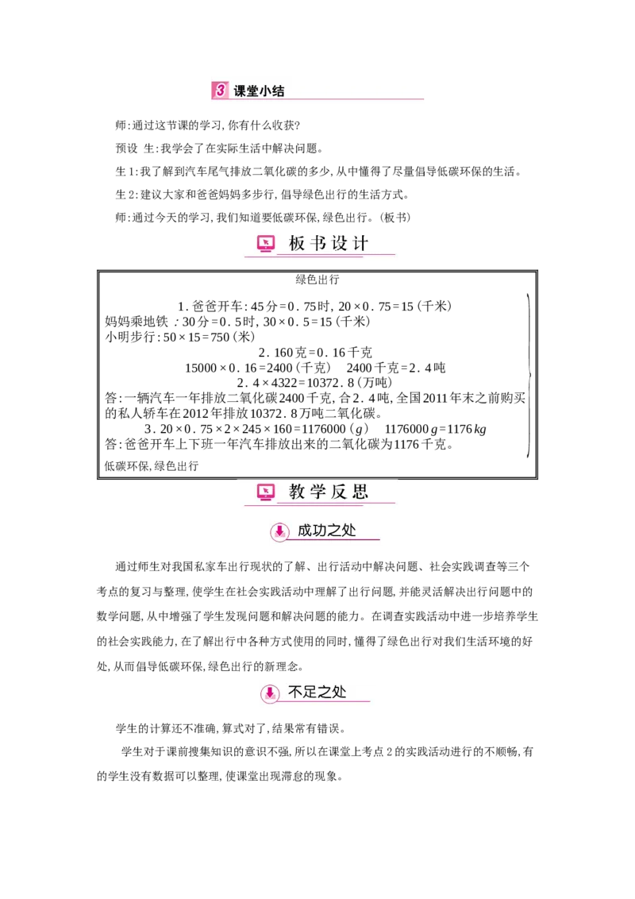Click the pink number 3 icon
click(220, 91)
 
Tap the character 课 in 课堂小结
click(240, 91)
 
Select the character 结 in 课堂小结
click(278, 91)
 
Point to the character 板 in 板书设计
click(297, 244)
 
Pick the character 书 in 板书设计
click(318, 244)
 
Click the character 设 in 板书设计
click(340, 244)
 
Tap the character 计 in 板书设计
click(361, 244)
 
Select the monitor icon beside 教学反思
click(266, 492)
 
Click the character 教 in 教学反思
click(297, 492)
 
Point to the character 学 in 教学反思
click(318, 492)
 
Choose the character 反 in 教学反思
click(340, 492)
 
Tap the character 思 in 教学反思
click(361, 492)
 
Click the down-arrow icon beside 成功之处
click(279, 531)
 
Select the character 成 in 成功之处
click(305, 531)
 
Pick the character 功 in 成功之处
click(321, 531)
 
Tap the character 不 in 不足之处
click(294, 693)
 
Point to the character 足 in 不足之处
click(310, 693)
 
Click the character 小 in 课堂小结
click(265, 91)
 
